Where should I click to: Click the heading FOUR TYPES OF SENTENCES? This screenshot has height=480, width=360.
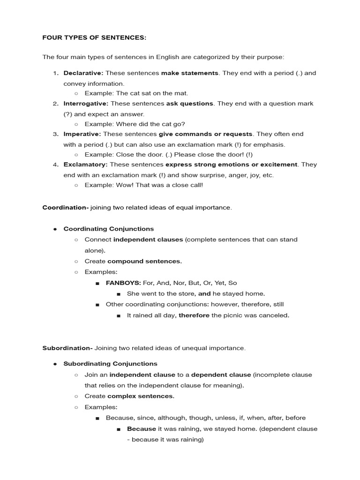[94, 37]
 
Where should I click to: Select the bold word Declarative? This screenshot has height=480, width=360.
[83, 73]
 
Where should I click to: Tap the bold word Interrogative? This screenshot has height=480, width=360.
[86, 104]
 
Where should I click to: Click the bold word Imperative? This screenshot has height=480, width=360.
[82, 134]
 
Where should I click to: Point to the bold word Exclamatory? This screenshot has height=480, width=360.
[85, 165]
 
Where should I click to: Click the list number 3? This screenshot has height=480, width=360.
[55, 134]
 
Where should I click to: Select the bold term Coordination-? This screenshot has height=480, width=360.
[65, 208]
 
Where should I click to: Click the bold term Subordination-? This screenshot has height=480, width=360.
[67, 348]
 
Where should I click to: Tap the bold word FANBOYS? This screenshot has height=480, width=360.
[123, 283]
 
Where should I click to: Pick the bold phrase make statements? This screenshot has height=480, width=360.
[190, 73]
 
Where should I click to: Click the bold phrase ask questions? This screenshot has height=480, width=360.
[190, 104]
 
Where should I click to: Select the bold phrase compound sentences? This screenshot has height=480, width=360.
[144, 262]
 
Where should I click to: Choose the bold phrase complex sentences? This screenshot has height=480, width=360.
[141, 396]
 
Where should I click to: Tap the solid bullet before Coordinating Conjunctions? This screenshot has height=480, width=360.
[55, 229]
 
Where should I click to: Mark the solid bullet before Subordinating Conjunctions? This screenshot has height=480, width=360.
[55, 364]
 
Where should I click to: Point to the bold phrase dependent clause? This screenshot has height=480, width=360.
[221, 375]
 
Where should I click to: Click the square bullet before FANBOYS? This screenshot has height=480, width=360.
[97, 284]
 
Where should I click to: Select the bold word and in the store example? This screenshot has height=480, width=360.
[204, 294]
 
